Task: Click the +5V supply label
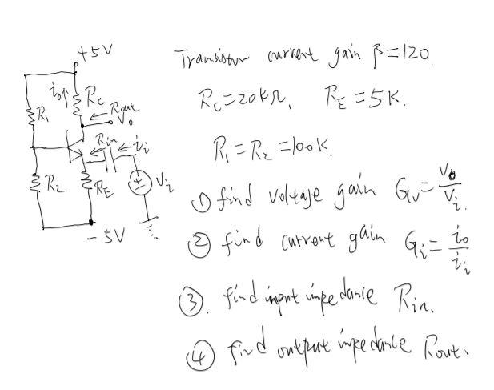96,52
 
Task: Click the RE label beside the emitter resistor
103,189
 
